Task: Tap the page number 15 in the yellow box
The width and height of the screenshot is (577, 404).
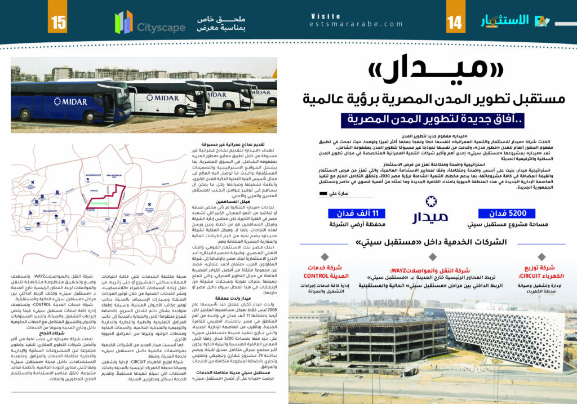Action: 59,23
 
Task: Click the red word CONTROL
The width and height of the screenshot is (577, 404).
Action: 320,276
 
